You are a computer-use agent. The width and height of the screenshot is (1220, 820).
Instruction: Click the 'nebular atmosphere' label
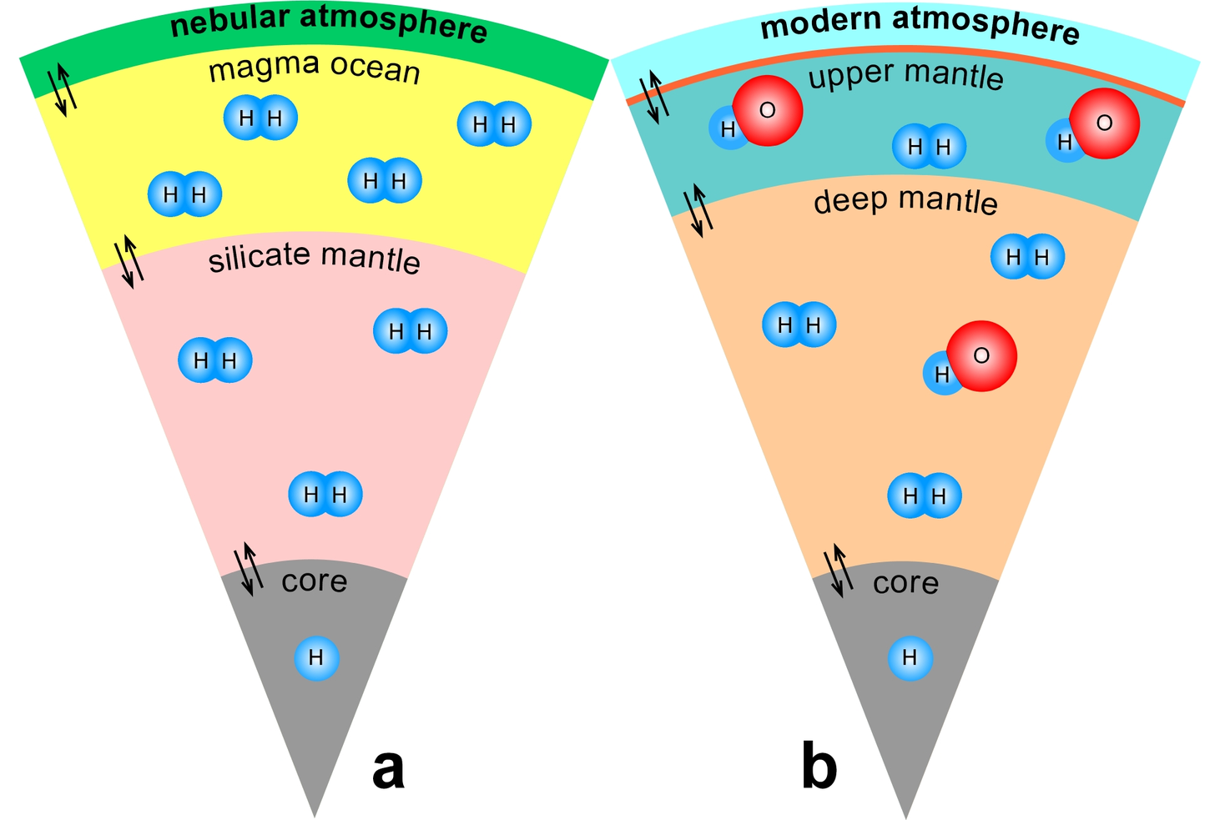329,24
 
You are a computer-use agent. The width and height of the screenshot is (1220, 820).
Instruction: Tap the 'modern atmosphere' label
920,25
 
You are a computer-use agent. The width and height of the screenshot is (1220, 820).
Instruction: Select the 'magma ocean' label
314,68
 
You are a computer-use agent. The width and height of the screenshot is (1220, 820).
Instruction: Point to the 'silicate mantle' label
314,258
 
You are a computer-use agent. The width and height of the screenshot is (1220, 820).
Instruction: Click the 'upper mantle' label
905,76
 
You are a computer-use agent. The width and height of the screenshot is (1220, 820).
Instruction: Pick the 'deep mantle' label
905,202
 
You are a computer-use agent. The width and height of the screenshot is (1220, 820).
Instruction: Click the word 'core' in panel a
314,581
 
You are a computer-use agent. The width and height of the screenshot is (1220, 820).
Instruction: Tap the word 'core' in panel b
905,582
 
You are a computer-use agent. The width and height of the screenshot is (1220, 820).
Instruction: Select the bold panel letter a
388,768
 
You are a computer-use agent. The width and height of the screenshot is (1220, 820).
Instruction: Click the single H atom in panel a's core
316,658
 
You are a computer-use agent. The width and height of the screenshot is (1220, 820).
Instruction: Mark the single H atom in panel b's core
910,658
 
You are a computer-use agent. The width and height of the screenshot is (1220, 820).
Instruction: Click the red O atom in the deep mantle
981,356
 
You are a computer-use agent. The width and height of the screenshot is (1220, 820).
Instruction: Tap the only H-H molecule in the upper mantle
929,147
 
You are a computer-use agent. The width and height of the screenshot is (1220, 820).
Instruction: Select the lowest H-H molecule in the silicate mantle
325,495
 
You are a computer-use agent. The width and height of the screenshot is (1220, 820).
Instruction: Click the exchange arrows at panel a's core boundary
247,568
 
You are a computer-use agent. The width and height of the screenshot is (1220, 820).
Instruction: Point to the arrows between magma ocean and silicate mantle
129,261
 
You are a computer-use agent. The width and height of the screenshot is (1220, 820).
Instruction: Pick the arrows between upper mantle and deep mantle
698,211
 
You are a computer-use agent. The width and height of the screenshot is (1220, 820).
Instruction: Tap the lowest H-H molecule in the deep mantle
924,496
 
